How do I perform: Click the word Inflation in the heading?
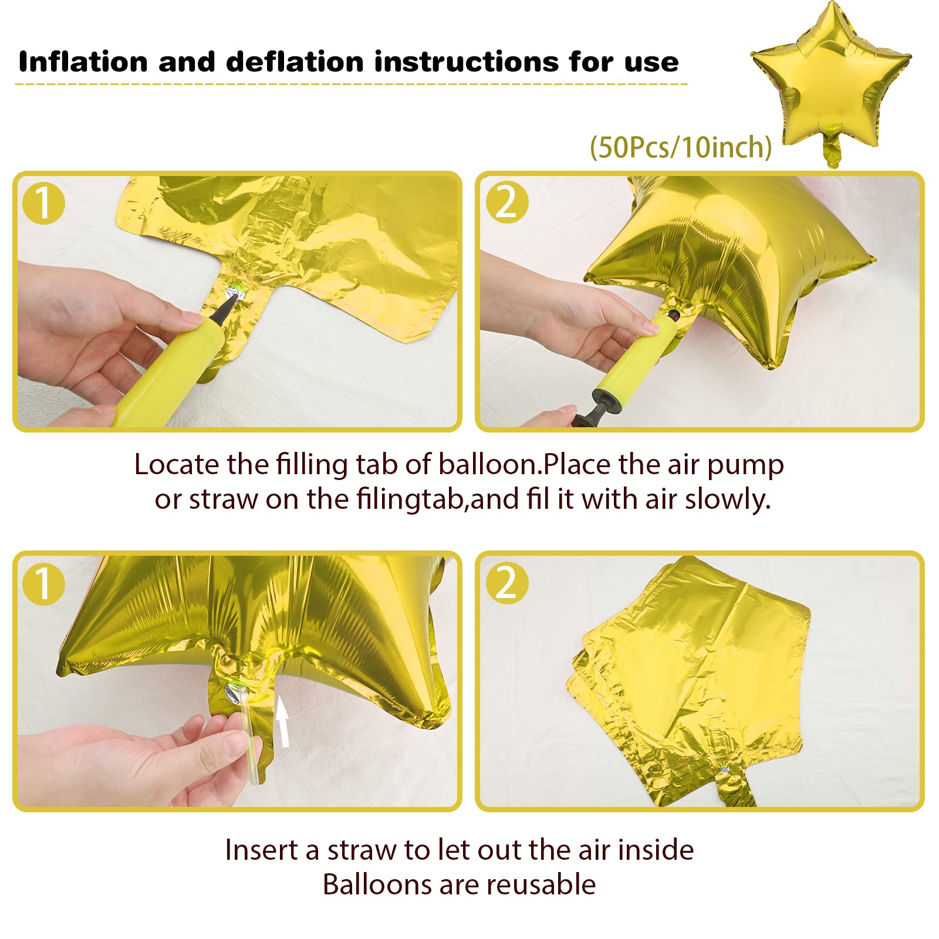click(83, 62)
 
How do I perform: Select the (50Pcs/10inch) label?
click(681, 147)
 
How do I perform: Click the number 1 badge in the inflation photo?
click(43, 204)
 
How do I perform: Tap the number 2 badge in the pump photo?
click(507, 202)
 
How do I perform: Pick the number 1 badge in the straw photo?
click(43, 583)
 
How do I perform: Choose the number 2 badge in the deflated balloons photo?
click(507, 583)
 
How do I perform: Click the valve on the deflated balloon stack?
click(725, 770)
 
